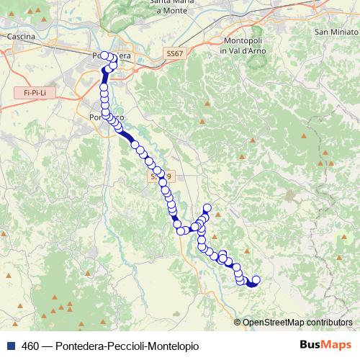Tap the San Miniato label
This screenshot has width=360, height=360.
coord(336,32)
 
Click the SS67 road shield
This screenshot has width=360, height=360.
coord(174,54)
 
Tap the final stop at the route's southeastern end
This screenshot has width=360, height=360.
coord(256,279)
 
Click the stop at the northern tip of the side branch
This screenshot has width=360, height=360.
coord(208,208)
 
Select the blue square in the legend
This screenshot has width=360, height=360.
coord(10,346)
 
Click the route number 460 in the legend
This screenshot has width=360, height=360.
coord(31,346)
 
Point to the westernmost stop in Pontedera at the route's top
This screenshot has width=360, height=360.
coord(104,55)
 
